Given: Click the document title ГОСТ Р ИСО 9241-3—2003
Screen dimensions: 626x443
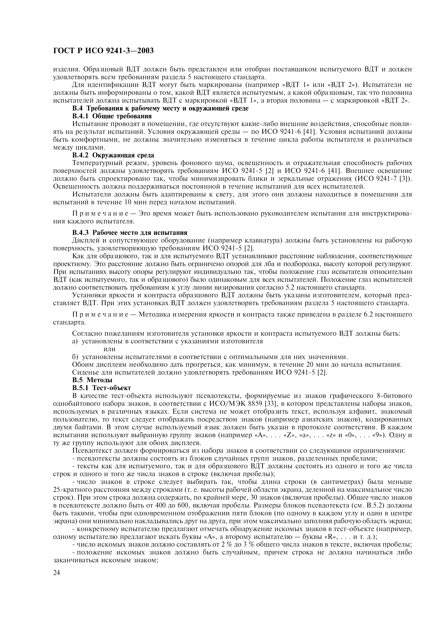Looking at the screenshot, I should pos(103,51).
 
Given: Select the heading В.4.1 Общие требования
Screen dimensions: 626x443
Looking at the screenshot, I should pos(112,116).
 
